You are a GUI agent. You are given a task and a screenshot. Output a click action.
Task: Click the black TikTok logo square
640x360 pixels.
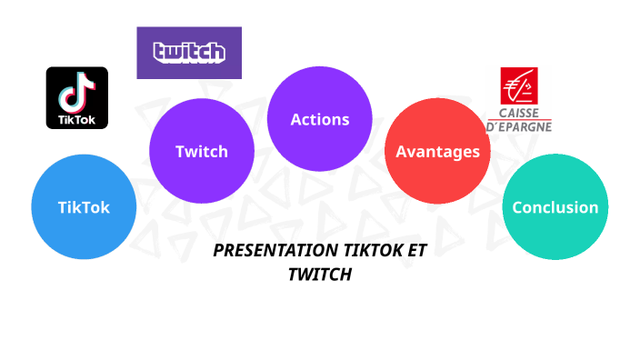pyautogui.click(x=77, y=97)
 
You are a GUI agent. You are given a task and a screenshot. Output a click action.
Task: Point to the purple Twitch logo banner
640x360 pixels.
pyautogui.click(x=189, y=53)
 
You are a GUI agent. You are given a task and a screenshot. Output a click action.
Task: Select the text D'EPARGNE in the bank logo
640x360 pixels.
pyautogui.click(x=519, y=127)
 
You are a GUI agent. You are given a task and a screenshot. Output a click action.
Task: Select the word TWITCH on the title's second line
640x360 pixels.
pyautogui.click(x=319, y=274)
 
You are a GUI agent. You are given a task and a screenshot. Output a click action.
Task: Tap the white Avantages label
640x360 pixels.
pyautogui.click(x=437, y=151)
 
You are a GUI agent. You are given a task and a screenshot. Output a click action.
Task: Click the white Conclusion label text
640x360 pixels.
pyautogui.click(x=555, y=207)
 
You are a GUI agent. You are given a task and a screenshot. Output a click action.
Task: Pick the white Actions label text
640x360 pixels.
pyautogui.click(x=319, y=119)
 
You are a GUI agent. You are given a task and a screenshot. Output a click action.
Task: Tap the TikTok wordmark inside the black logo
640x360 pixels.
pyautogui.click(x=77, y=118)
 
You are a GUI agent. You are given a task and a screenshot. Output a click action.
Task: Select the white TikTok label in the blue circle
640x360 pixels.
pyautogui.click(x=84, y=207)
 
